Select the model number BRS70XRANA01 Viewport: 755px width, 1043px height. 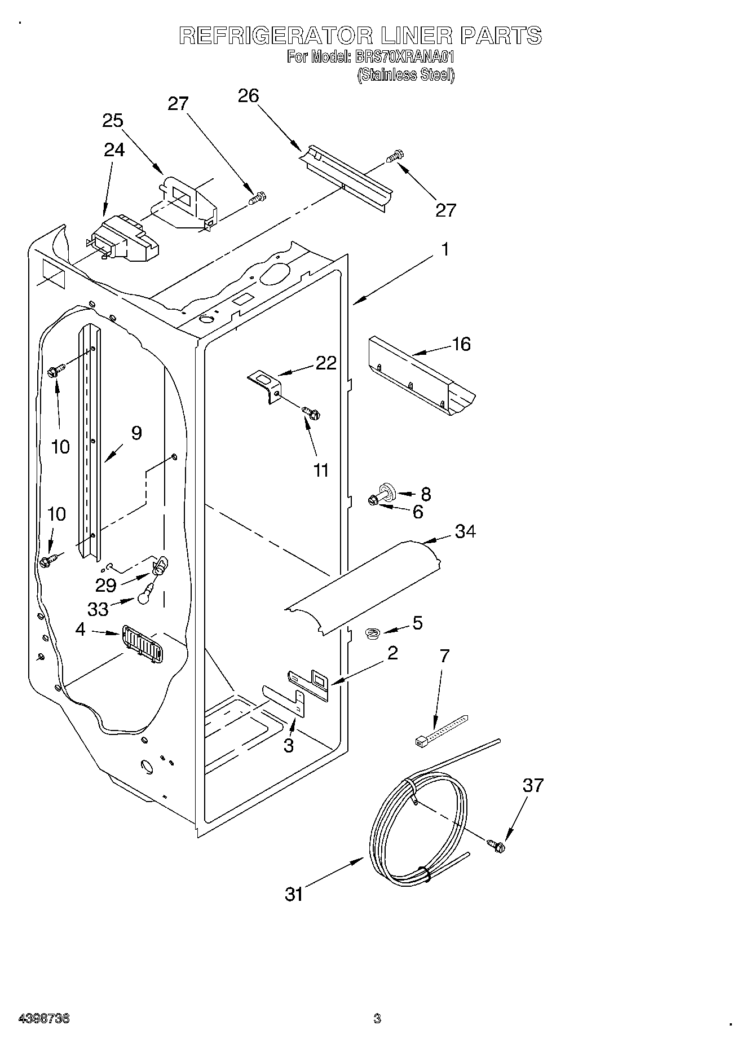pos(404,57)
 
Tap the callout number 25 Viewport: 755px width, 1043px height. pos(113,121)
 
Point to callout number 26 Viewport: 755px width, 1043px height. pos(248,96)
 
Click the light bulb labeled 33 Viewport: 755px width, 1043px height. pos(144,592)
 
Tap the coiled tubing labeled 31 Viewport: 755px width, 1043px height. pos(417,835)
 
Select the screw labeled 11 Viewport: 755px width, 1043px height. pos(310,413)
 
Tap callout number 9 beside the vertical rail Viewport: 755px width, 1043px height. pos(136,433)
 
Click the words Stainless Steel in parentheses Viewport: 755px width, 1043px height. pos(405,74)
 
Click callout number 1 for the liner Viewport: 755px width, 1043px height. pos(445,249)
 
